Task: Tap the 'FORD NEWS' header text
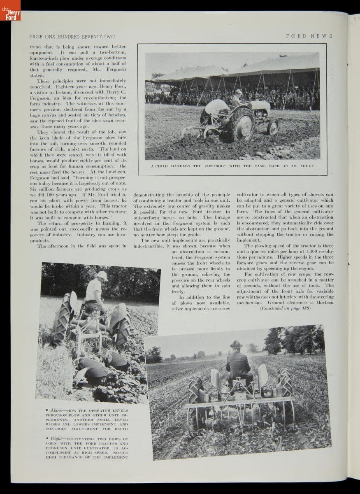pyautogui.click(x=309, y=36)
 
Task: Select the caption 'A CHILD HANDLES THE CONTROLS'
pyautogui.click(x=232, y=166)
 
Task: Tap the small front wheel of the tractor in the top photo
pyautogui.click(x=272, y=127)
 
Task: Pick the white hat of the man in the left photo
pyautogui.click(x=101, y=275)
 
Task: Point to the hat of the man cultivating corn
pyautogui.click(x=236, y=344)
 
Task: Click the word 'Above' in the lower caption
pyautogui.click(x=56, y=411)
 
